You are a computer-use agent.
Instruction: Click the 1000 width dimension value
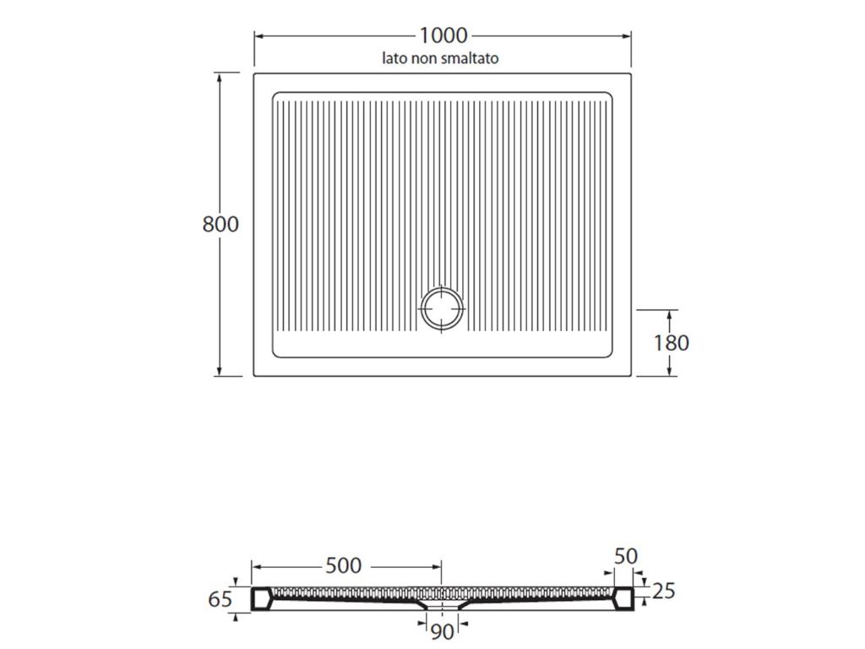[443, 35]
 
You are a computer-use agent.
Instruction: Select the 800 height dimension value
[220, 224]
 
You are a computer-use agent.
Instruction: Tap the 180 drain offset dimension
[671, 343]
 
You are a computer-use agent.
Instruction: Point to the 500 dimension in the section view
[343, 565]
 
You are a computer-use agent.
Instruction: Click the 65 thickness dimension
[220, 599]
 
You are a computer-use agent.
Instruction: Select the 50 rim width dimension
[626, 556]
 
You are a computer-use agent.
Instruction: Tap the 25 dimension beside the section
[664, 591]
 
